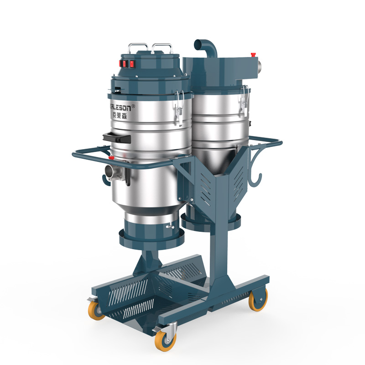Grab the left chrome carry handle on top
(137, 47)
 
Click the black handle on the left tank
(117, 136)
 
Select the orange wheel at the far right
(258, 302)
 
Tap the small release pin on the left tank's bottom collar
(170, 226)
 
